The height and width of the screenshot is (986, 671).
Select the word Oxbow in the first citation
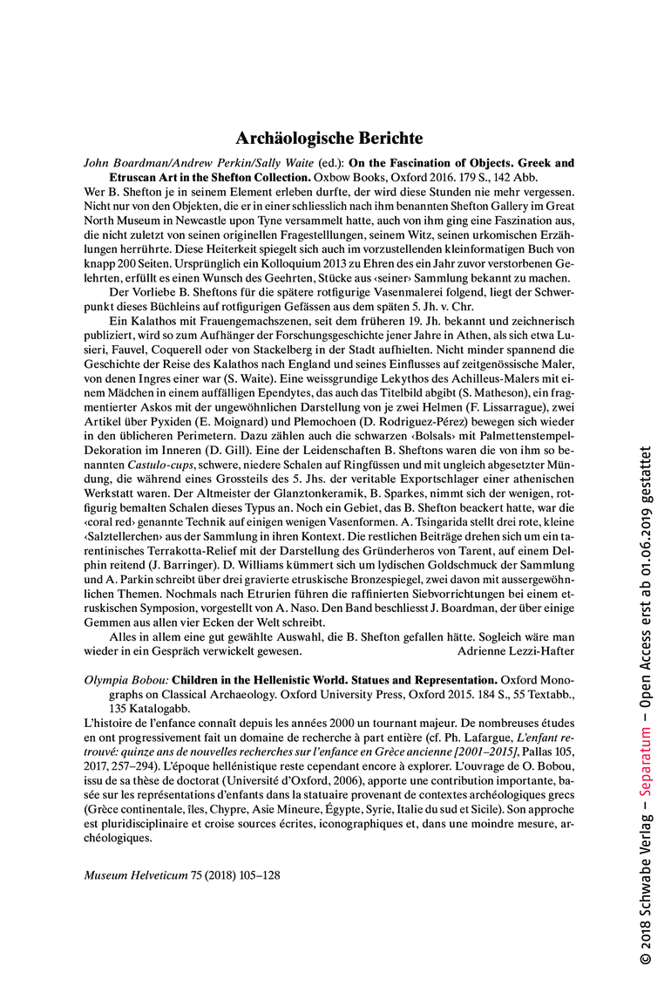tap(365, 176)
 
